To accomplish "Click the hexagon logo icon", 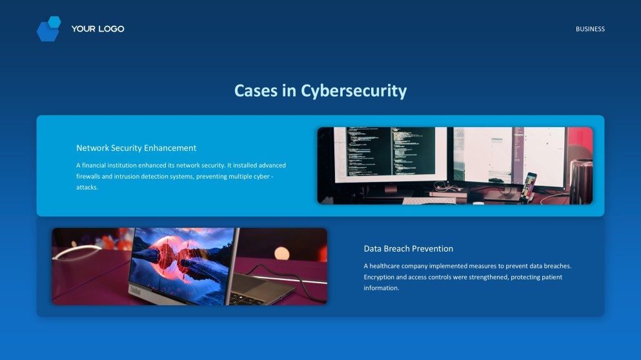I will (48, 29).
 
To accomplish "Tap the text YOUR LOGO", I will (97, 29).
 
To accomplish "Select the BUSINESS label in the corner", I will (590, 29).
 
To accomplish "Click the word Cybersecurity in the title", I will (354, 91).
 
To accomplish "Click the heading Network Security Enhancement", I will (136, 148).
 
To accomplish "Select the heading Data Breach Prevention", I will (408, 249).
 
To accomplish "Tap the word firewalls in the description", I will (90, 176).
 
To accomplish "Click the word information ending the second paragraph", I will (381, 288).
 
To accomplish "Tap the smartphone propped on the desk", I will (529, 186).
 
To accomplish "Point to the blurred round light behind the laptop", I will (282, 253).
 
